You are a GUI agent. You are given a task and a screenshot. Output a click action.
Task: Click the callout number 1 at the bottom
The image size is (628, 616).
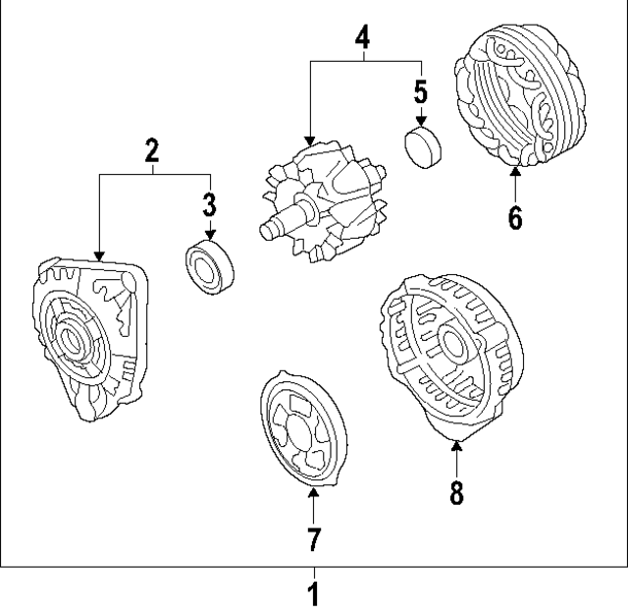[x=314, y=595]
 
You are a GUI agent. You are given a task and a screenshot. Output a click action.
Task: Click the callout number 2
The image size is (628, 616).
[x=152, y=151]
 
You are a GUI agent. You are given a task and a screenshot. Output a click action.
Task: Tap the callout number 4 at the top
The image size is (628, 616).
[x=363, y=38]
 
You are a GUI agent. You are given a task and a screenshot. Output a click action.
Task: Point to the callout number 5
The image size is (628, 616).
[x=421, y=92]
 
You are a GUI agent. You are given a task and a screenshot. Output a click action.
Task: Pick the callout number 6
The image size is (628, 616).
[x=515, y=216]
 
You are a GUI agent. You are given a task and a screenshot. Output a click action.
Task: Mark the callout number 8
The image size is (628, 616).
[x=456, y=491]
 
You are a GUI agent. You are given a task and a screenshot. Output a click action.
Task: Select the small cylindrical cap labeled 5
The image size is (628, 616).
[x=423, y=146]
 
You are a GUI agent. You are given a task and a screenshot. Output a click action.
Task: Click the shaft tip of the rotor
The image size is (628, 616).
[x=266, y=232]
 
